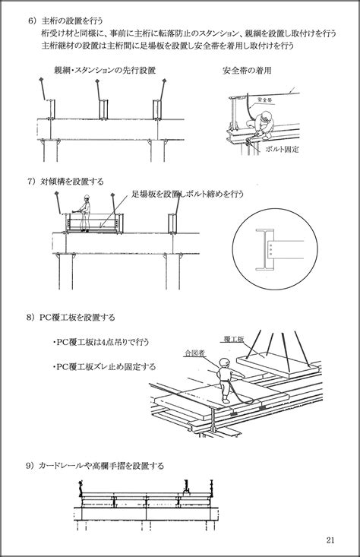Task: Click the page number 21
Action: pos(330,540)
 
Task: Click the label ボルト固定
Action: pos(282,149)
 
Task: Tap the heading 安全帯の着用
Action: pos(247,71)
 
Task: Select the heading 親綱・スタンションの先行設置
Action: pos(105,70)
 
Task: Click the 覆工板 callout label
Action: pos(234,339)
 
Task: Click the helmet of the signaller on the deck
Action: pos(224,362)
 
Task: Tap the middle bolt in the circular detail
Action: pos(271,249)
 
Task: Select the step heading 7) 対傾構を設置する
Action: pos(65,182)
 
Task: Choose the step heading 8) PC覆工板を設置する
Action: pos(71,317)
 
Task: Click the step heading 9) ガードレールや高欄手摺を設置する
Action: pos(95,466)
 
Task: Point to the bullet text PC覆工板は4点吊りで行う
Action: pos(101,342)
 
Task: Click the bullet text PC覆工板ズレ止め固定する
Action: pos(104,366)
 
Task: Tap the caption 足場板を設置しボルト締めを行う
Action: pos(188,194)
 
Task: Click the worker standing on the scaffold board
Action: pos(84,213)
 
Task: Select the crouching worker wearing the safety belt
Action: pos(261,125)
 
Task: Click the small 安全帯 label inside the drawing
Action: pos(264,100)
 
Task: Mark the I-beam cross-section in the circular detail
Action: pos(264,249)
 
